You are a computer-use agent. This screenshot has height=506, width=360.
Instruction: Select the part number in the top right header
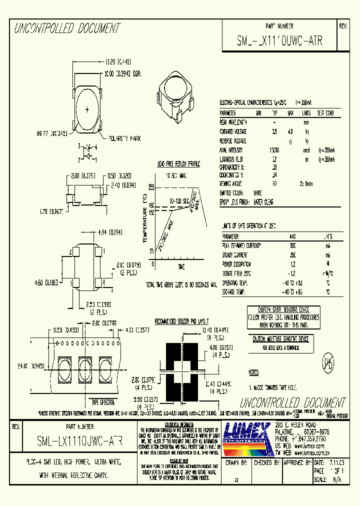tap(279, 41)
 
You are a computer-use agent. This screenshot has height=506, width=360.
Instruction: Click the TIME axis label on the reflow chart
tap(180, 267)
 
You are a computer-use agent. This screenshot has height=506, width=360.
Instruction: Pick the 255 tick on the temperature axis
tap(151, 187)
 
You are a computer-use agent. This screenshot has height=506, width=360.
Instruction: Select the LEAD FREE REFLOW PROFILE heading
tap(178, 163)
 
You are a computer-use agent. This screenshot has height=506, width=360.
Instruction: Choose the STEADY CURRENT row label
tap(235, 254)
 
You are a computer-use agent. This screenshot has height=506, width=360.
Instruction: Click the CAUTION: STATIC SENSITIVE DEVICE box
tap(284, 317)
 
